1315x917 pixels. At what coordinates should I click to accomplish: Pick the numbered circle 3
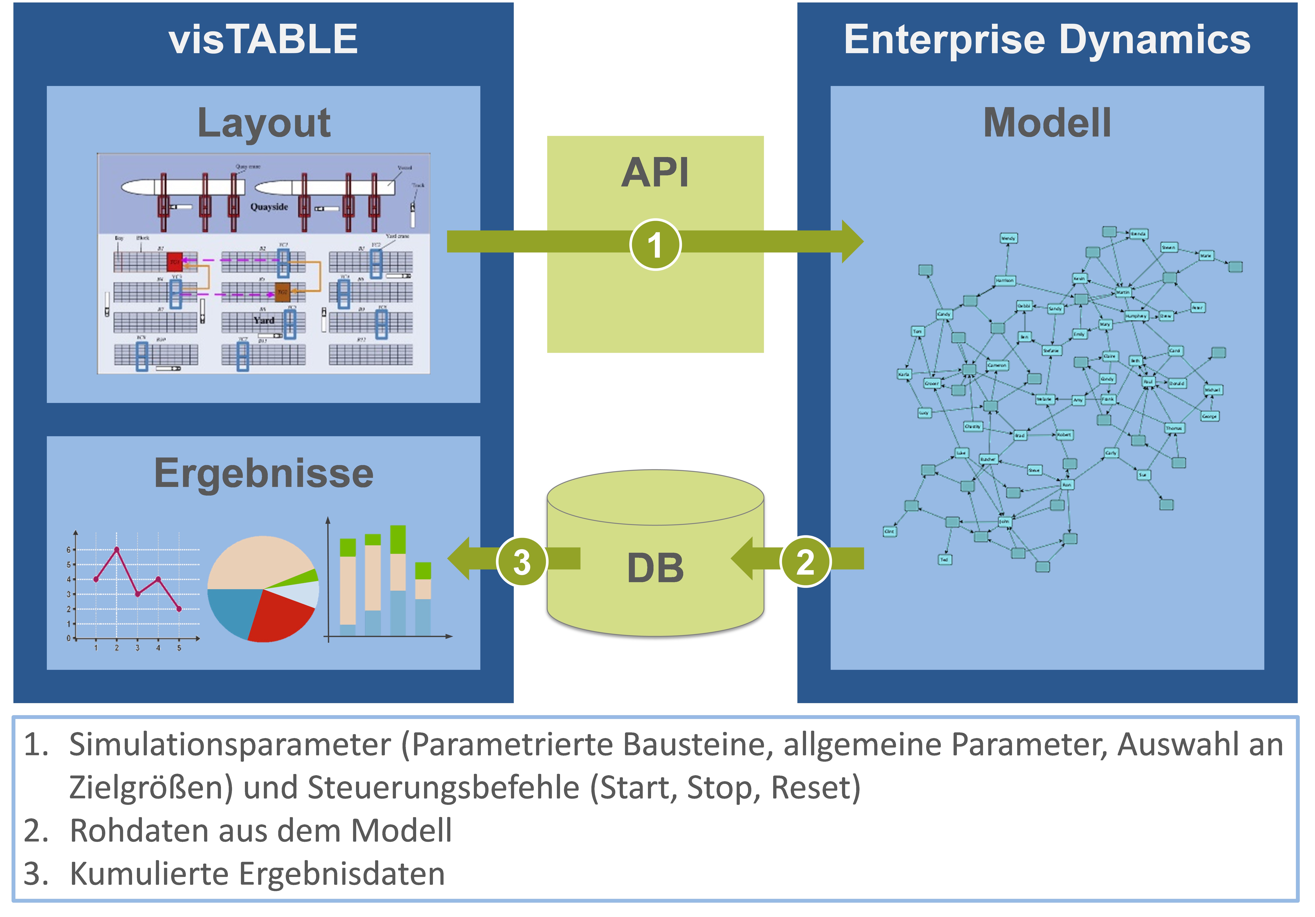(x=521, y=561)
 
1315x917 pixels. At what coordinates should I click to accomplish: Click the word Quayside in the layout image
(x=269, y=207)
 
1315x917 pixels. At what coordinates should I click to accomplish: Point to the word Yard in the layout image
(x=264, y=320)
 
